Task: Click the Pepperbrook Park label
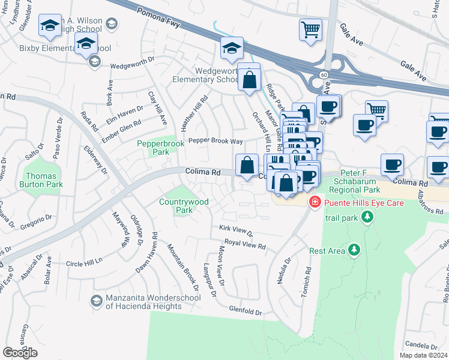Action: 152,148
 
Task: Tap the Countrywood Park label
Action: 184,206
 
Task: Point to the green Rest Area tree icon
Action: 354,249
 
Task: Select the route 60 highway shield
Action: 323,74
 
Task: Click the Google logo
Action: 20,353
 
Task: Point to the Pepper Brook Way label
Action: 215,141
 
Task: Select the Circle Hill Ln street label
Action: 86,263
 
